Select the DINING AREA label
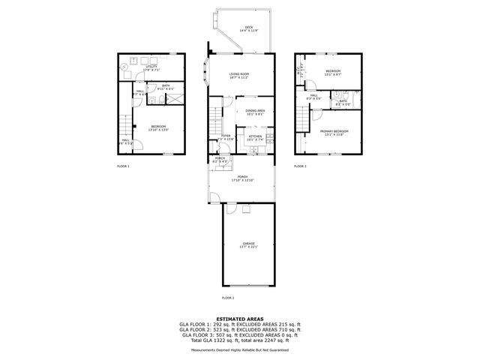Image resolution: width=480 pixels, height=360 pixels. click(255, 112)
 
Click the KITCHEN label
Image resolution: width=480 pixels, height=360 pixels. click(256, 137)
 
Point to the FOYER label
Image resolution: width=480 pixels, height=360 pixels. click(225, 136)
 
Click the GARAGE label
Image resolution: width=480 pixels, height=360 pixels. click(248, 244)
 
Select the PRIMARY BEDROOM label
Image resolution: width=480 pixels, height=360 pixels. click(334, 132)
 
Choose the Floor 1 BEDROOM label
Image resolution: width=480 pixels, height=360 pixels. click(158, 127)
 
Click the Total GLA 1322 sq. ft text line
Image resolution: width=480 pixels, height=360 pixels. click(238, 340)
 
